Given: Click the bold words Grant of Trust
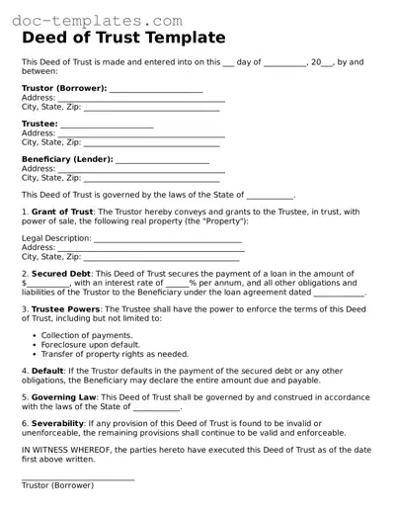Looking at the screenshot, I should (62, 212).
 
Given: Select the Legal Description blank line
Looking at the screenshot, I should (168, 240).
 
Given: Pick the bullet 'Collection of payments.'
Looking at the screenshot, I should (86, 334).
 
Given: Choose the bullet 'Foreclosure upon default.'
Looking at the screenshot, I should (90, 344).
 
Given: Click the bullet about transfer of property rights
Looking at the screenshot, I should (115, 354).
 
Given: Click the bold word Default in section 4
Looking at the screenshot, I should (47, 371).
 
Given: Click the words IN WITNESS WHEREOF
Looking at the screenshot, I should (66, 450).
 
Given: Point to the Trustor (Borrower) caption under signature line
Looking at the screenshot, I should (57, 485).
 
